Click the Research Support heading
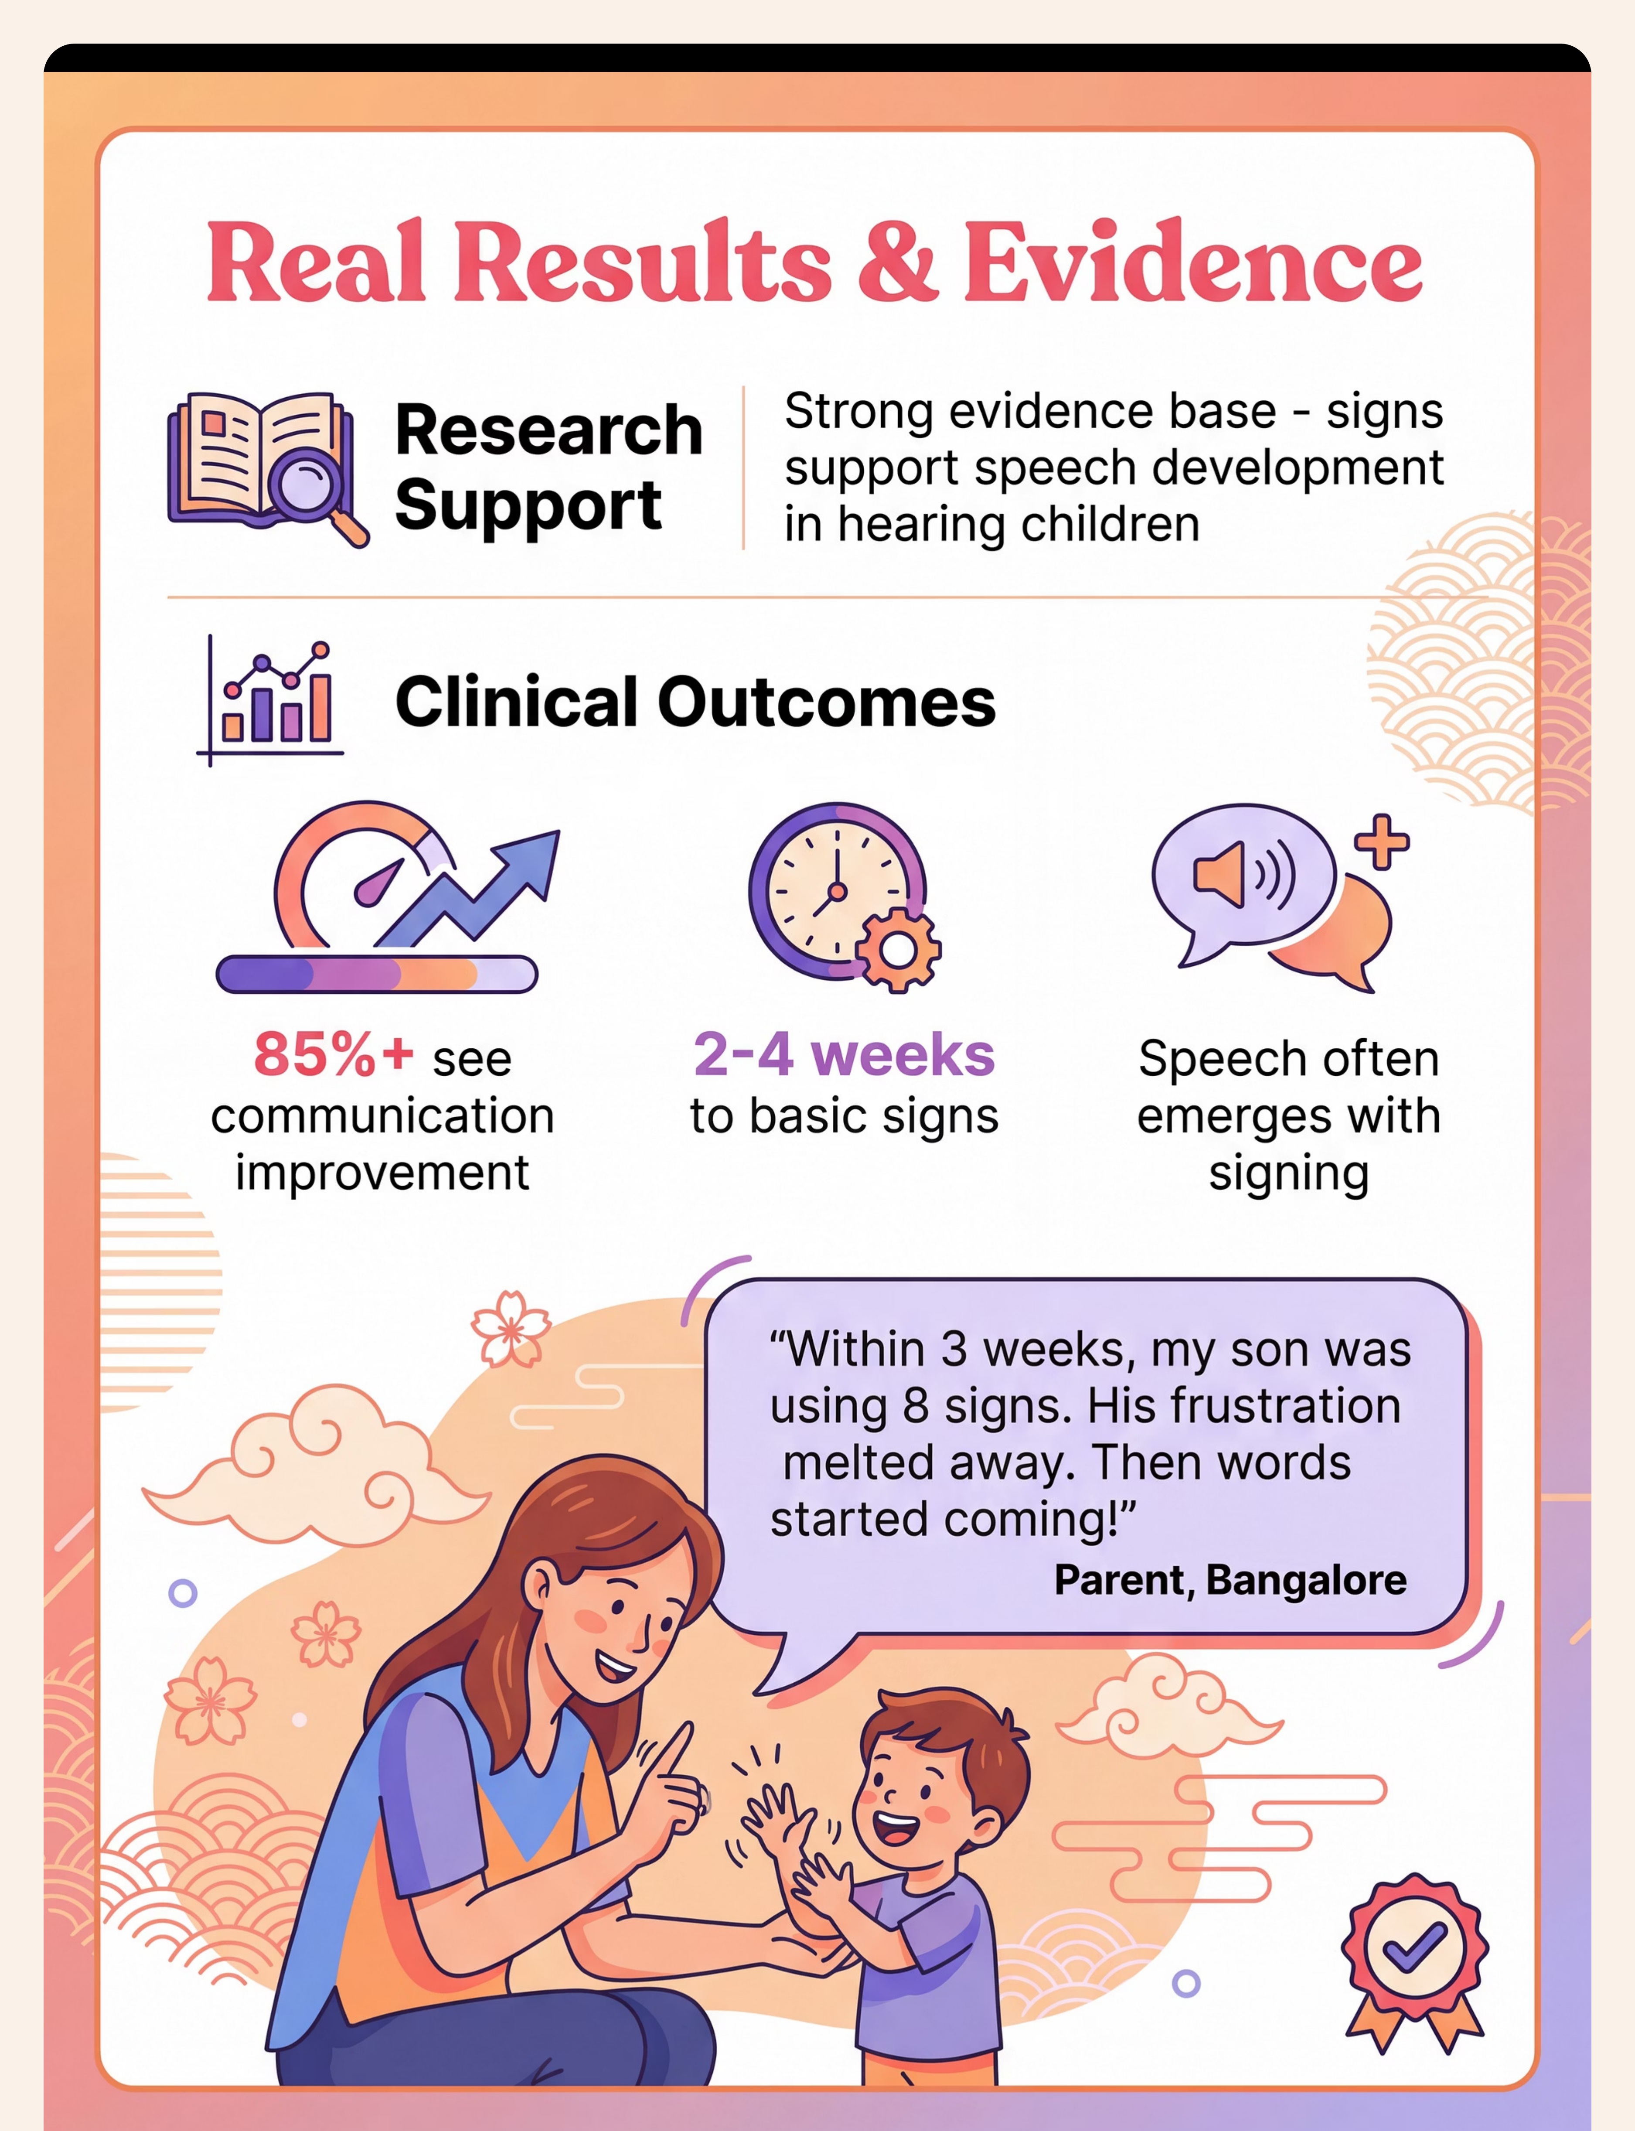click(548, 467)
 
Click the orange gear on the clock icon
click(898, 951)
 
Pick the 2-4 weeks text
click(844, 1055)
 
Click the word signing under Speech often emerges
click(1288, 1173)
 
